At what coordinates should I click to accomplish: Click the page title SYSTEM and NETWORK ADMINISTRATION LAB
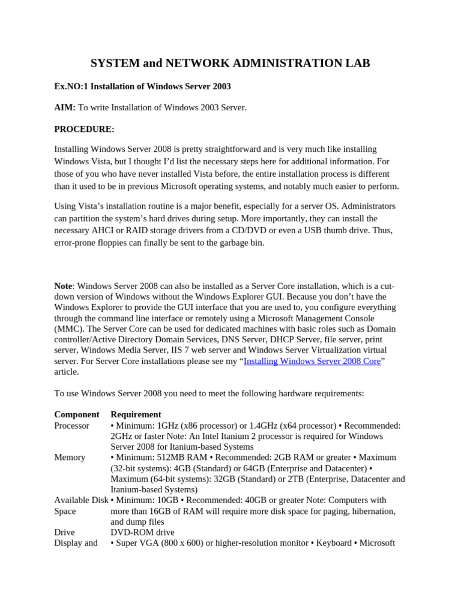tap(230, 63)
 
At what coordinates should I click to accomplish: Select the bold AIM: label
tap(65, 107)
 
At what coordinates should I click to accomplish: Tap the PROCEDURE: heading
tap(84, 128)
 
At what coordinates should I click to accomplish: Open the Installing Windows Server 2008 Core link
tap(312, 361)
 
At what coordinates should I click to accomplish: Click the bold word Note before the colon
tap(63, 286)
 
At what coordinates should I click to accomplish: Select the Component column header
tap(77, 414)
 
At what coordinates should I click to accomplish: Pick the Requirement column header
tap(136, 414)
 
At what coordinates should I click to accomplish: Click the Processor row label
tap(72, 425)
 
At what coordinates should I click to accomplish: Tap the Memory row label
tap(70, 457)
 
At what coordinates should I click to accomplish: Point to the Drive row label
tap(65, 532)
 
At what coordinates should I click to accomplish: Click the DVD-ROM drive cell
tap(142, 532)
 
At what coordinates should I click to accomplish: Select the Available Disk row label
tap(82, 500)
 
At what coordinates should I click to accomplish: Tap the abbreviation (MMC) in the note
tap(66, 329)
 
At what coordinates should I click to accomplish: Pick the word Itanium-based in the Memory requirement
tap(137, 489)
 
